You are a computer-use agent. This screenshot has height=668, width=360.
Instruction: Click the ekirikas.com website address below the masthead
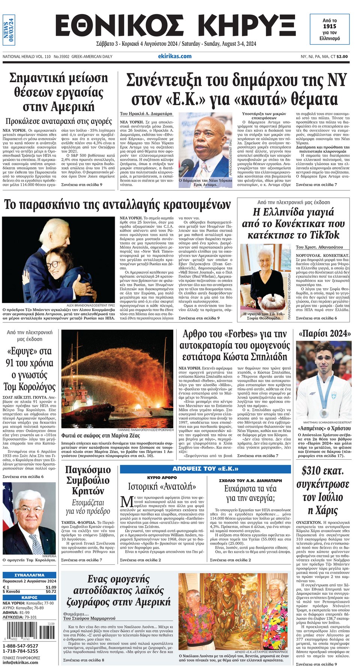click(175, 56)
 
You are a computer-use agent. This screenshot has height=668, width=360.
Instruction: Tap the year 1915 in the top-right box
click(330, 26)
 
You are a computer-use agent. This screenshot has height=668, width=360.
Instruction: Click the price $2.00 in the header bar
click(342, 57)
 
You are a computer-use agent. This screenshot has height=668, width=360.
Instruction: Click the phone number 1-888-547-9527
click(21, 645)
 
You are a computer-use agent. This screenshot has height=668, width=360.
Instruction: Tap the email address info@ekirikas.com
click(20, 662)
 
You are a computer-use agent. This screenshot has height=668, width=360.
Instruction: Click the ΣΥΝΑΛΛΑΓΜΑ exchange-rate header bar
click(29, 575)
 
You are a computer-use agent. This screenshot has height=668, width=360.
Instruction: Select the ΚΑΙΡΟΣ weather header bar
click(29, 597)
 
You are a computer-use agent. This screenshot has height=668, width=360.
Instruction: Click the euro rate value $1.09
click(51, 587)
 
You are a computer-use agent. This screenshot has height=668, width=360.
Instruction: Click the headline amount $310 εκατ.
click(323, 471)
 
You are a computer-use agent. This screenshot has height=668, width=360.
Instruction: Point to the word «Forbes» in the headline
click(232, 334)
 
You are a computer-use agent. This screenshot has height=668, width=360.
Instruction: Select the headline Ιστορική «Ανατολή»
click(162, 487)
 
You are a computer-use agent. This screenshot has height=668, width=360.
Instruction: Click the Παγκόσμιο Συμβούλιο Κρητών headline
click(88, 480)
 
